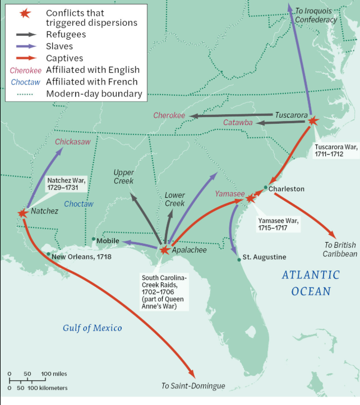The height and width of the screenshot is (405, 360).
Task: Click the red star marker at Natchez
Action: point(22,213)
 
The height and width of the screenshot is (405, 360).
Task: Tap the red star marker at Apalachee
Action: point(164,250)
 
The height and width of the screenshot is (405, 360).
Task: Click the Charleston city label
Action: point(286,189)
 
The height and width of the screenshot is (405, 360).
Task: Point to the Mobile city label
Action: point(108,240)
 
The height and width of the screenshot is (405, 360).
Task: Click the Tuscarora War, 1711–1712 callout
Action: point(336,151)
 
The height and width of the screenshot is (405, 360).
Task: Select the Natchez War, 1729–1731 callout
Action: point(66,184)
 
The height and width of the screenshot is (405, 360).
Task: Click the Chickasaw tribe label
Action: point(72,142)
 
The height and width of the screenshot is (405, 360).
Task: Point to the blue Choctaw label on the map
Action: point(79,204)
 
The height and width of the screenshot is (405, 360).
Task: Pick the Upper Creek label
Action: point(123,176)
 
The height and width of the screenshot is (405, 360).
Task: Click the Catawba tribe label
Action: point(238,122)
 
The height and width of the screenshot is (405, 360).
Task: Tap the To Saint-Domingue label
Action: point(193,386)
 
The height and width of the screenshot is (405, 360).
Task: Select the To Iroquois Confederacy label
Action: point(316,15)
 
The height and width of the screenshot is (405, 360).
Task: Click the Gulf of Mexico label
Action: point(92,328)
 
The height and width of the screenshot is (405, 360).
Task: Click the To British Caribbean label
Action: point(340,249)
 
